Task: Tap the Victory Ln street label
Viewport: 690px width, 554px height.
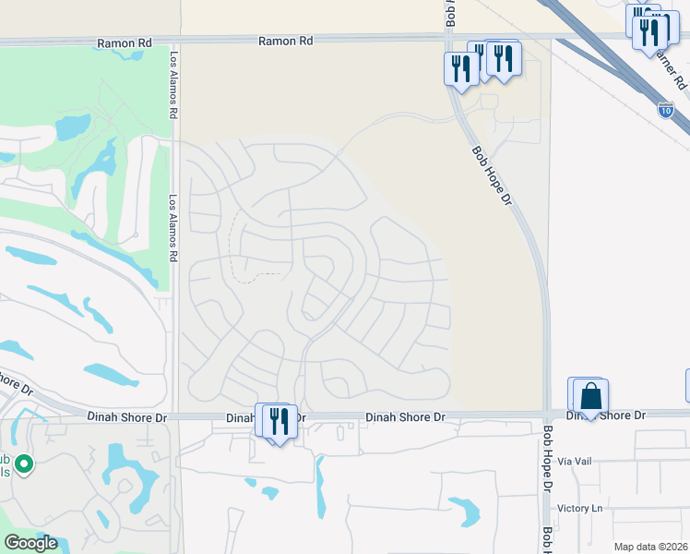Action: [x=579, y=508]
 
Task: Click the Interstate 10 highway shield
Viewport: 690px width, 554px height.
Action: [x=665, y=110]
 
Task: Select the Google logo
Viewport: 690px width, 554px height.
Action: [x=30, y=543]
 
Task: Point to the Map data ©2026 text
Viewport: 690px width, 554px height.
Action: [x=651, y=547]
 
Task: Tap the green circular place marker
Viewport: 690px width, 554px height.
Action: [x=24, y=464]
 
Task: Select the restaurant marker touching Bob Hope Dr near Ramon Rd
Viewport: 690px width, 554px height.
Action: [x=460, y=68]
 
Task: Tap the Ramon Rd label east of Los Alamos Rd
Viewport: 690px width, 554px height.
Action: [x=285, y=41]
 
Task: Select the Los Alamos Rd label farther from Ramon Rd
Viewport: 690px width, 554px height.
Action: [x=172, y=227]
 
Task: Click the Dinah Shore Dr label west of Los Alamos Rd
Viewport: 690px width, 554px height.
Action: [x=128, y=417]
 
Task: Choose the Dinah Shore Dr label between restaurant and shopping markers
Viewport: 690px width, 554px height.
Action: [x=406, y=417]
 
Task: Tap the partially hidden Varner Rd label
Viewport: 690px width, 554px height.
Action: [x=672, y=69]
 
